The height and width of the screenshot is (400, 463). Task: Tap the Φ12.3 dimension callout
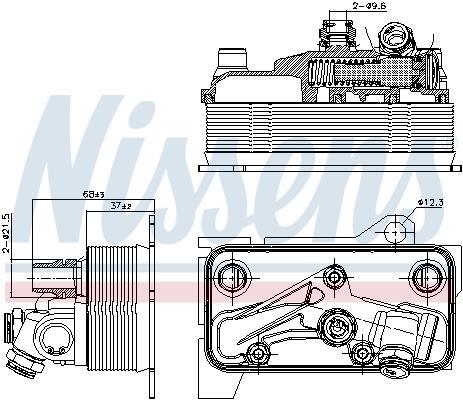point(430,202)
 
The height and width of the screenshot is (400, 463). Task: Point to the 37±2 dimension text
point(121,206)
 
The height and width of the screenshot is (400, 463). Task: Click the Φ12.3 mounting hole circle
point(395,232)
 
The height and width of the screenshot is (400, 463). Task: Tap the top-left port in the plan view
point(232,278)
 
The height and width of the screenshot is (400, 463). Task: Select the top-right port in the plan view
point(427,277)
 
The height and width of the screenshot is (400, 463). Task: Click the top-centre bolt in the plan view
point(334,276)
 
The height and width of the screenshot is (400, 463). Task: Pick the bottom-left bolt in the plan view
point(257,354)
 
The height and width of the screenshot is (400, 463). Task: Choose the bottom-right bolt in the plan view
point(362,352)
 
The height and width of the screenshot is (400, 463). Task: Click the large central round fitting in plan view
point(337,326)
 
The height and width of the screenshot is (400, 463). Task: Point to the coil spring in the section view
point(321,73)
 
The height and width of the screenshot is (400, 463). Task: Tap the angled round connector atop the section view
point(396,38)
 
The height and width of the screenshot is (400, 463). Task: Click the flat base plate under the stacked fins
point(326,168)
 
